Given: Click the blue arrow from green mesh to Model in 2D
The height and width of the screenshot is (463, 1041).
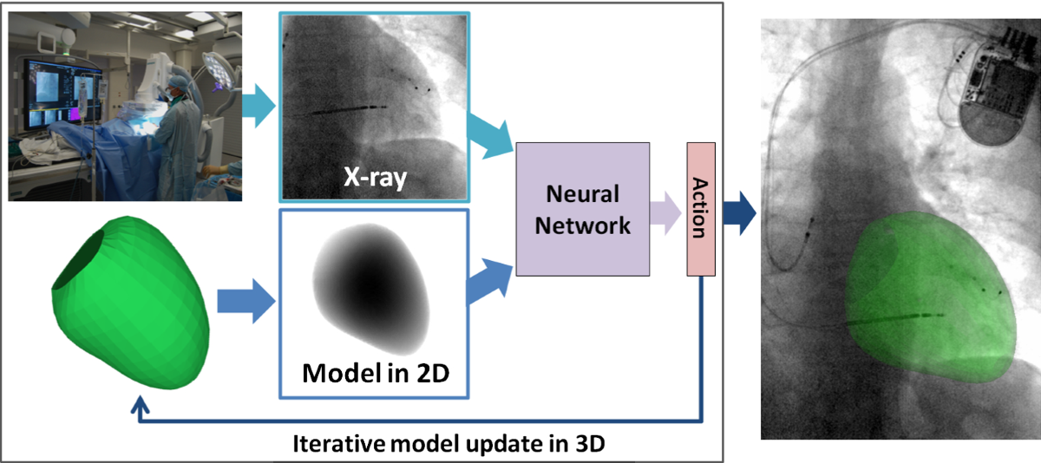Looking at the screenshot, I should pyautogui.click(x=244, y=303).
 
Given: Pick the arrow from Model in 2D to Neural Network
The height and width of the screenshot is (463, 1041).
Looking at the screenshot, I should pyautogui.click(x=488, y=276).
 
